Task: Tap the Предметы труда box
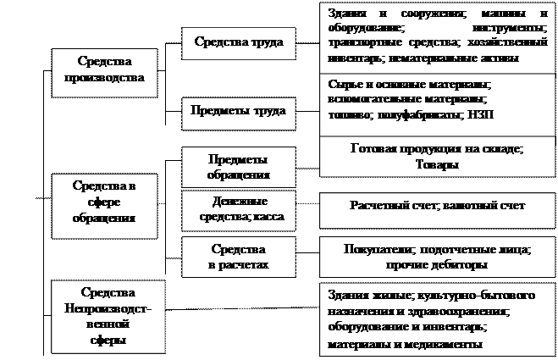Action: tap(239, 111)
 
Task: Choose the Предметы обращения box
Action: tap(239, 168)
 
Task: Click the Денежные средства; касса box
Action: tap(239, 210)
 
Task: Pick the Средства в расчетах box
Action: tap(239, 258)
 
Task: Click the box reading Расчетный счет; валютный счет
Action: tap(438, 206)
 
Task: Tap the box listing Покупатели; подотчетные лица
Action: tap(438, 258)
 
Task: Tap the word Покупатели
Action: tap(376, 250)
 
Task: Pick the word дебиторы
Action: tap(461, 265)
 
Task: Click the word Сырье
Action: tap(341, 85)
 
